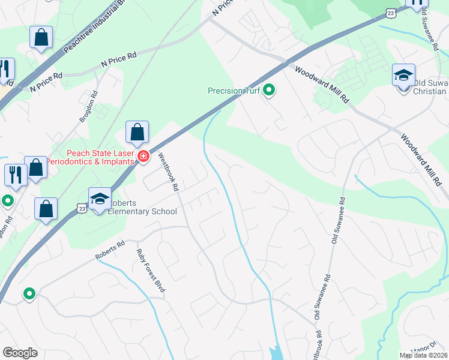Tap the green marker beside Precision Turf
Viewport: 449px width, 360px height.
coord(270,91)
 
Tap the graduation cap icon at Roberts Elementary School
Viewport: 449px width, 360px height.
coord(100,199)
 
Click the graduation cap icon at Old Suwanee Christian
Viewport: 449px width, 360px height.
coord(404,76)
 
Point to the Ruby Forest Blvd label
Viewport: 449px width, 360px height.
coord(151,270)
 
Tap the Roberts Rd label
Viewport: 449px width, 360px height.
coord(109,251)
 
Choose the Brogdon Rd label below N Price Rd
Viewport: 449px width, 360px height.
coord(89,107)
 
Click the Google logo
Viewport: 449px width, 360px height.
coord(20,352)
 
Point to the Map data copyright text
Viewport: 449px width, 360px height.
coord(423,355)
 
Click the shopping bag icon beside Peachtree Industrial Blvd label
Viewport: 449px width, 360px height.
coord(41,37)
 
